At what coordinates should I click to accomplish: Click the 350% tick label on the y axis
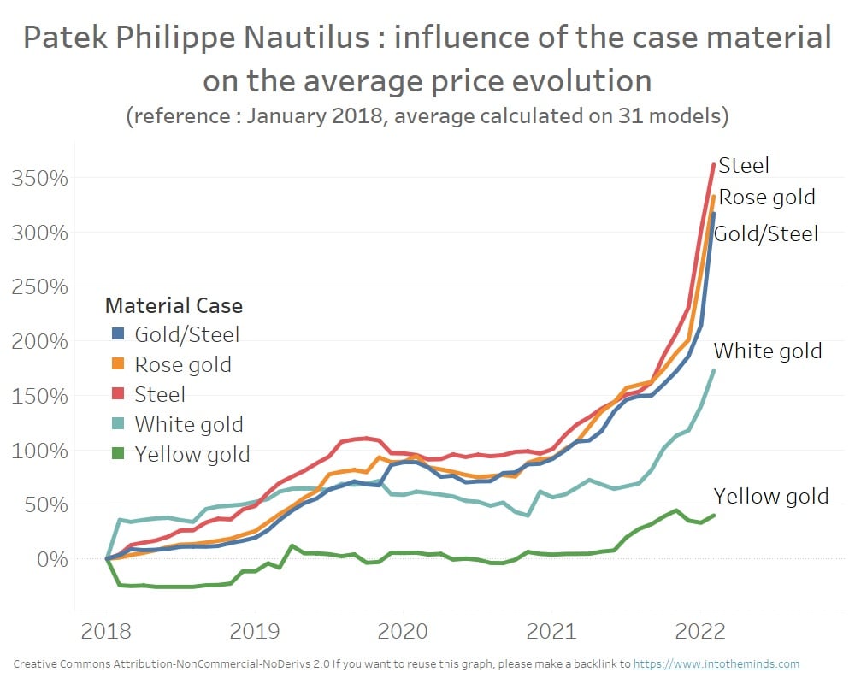41,179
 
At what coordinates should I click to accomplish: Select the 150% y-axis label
41,396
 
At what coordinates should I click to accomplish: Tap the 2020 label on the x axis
403,632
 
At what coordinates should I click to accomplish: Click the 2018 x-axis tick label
107,632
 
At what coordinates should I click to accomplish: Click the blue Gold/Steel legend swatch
118,334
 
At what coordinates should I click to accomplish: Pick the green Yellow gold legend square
118,454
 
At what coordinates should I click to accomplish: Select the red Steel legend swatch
118,394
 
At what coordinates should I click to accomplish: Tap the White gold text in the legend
189,424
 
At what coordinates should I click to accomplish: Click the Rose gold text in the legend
183,364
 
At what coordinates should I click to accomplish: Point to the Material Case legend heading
174,305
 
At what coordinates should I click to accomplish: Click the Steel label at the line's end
744,165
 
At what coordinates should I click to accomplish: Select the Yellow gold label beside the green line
770,497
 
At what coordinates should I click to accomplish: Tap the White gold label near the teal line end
767,351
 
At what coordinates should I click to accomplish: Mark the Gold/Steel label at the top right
765,233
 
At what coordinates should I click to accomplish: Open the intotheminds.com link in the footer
716,663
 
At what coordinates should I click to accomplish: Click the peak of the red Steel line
714,164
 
